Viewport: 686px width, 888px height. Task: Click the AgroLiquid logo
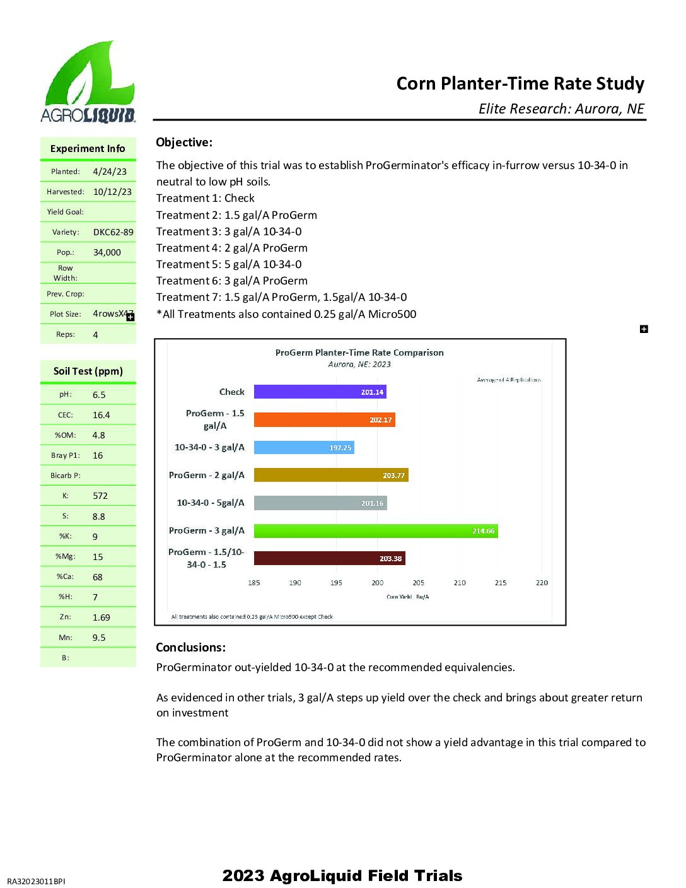click(x=88, y=82)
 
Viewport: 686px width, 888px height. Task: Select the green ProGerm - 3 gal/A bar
click(x=376, y=531)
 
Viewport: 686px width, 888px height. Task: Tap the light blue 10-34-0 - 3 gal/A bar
click(x=304, y=447)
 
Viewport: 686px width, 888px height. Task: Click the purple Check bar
click(x=320, y=392)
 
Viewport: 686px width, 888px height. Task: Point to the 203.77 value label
click(x=393, y=476)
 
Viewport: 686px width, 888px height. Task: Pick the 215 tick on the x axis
click(x=501, y=583)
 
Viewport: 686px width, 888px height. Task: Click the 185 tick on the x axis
click(x=254, y=583)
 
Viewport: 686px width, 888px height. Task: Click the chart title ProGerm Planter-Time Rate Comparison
click(x=359, y=353)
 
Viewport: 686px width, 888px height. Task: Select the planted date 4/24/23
click(x=110, y=172)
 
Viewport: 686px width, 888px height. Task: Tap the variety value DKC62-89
click(x=113, y=232)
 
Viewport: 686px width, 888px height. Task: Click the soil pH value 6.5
click(x=99, y=395)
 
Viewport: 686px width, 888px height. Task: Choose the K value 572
click(x=100, y=496)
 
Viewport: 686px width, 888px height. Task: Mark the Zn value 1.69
click(x=102, y=617)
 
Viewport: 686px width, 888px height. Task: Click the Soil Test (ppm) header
click(x=88, y=371)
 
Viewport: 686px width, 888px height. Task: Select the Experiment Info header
click(x=88, y=149)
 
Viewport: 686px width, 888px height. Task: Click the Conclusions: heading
click(x=190, y=647)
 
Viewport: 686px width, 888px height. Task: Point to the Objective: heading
click(x=184, y=143)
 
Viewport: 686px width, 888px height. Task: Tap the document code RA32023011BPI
click(x=36, y=881)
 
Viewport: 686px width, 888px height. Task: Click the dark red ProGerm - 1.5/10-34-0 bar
click(x=329, y=558)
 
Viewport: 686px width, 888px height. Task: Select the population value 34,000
click(x=107, y=252)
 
